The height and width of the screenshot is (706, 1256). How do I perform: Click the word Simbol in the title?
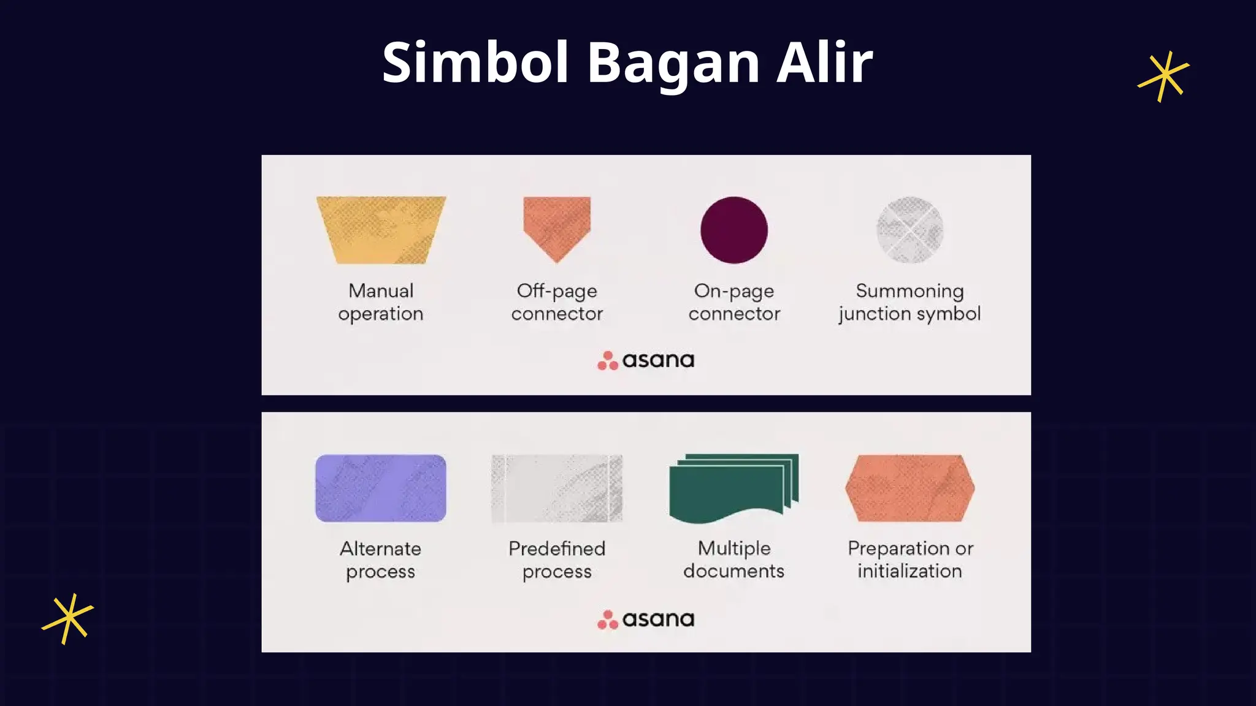point(475,63)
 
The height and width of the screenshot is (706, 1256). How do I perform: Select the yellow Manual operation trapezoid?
point(381,230)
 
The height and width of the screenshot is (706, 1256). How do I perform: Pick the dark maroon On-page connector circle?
point(734,230)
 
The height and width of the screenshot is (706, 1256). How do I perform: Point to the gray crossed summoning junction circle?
point(910,230)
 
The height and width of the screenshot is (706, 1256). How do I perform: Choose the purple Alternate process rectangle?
point(381,488)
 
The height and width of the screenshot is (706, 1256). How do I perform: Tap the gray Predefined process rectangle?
point(557,488)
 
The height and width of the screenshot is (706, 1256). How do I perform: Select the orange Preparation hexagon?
point(910,488)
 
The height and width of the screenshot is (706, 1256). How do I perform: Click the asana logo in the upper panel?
point(646,360)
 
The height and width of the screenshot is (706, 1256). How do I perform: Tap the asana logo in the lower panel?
point(646,619)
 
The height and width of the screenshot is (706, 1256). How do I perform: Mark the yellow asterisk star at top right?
point(1163,76)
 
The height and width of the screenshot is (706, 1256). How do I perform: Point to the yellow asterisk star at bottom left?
point(67,618)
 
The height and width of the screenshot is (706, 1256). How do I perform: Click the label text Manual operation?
point(381,302)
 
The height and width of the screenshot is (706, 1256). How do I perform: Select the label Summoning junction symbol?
point(910,302)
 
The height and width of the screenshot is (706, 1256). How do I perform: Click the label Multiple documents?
point(734,560)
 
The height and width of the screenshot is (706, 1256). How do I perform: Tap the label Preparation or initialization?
point(910,560)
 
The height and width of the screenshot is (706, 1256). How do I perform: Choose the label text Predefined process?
point(557,560)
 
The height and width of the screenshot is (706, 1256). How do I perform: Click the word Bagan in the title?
point(673,63)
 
